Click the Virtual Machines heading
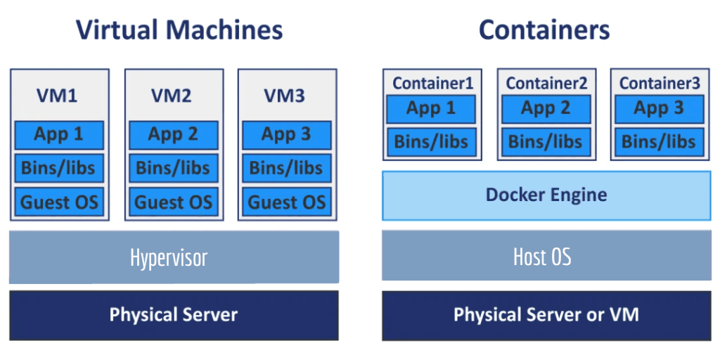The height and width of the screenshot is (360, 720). (x=179, y=30)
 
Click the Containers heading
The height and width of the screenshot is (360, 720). (x=544, y=30)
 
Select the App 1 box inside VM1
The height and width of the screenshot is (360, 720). (x=59, y=135)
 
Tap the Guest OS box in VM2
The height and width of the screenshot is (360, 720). (x=173, y=202)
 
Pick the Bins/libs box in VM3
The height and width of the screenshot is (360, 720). (x=286, y=169)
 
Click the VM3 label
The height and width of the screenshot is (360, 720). (x=284, y=96)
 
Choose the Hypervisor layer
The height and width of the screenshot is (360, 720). (x=174, y=257)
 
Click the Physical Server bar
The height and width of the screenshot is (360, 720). (x=174, y=315)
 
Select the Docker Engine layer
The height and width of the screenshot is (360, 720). (x=546, y=195)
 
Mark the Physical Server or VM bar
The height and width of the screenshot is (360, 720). (x=546, y=315)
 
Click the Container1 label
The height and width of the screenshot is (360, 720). (x=432, y=83)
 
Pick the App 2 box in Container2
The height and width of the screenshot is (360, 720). (x=545, y=109)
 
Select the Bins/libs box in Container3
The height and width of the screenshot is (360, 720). (x=659, y=142)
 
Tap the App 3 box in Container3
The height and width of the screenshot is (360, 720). (x=659, y=109)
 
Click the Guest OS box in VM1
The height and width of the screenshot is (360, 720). (x=59, y=202)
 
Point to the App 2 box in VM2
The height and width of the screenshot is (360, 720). (x=173, y=135)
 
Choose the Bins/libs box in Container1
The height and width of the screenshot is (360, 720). (x=431, y=142)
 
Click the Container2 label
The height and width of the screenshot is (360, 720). (x=546, y=83)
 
